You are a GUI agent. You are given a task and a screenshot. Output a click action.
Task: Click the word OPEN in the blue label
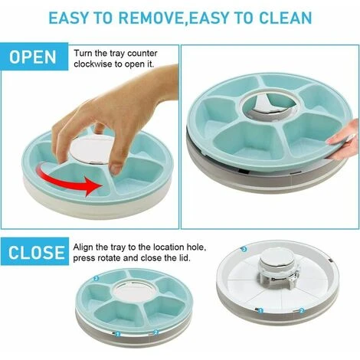tap(33, 57)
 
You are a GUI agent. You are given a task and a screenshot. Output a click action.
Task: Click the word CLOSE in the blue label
tap(37, 253)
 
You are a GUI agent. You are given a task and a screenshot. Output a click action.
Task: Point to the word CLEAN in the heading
tap(286, 18)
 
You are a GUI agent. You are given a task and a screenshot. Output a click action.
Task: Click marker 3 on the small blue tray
tap(96, 279)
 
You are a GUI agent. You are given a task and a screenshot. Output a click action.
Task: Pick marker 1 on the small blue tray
tap(118, 334)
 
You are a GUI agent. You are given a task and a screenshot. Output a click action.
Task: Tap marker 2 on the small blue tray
tap(155, 332)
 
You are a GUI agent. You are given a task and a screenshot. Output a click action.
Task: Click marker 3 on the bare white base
tap(244, 249)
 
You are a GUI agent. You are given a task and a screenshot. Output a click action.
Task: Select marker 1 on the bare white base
tap(260, 311)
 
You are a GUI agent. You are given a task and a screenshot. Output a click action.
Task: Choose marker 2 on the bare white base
tap(302, 310)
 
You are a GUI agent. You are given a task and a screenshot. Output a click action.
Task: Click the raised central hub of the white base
tap(279, 270)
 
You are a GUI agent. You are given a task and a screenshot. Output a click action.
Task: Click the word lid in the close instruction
tap(185, 258)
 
